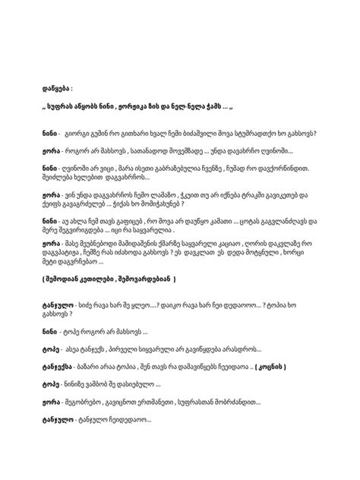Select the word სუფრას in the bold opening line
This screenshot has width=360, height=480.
click(x=68, y=107)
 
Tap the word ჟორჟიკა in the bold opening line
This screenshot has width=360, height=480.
click(x=138, y=107)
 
